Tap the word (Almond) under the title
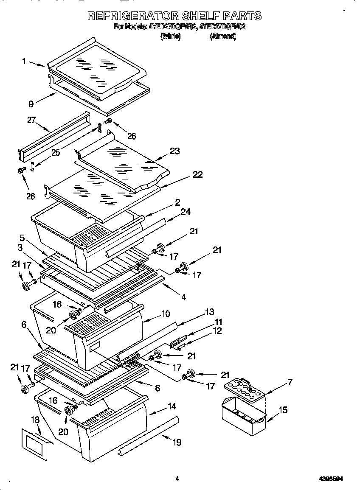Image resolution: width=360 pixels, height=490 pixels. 223,36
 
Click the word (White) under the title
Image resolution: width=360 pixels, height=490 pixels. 170,36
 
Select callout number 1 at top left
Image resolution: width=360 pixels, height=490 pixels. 24,61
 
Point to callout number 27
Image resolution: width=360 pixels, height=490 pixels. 31,120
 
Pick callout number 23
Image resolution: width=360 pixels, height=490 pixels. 174,151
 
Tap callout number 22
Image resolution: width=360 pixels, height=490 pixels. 197,174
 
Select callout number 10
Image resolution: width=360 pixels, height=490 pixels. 166,314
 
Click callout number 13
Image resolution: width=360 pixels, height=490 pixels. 209,312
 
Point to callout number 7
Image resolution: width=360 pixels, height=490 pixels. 290,382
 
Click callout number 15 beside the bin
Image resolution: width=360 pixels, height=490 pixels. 283,410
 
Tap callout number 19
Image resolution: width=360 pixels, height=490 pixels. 177,442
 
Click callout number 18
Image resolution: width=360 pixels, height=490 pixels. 35,420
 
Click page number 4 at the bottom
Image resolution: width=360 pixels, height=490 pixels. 177,479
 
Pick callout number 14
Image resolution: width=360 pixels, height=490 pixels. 172,406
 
